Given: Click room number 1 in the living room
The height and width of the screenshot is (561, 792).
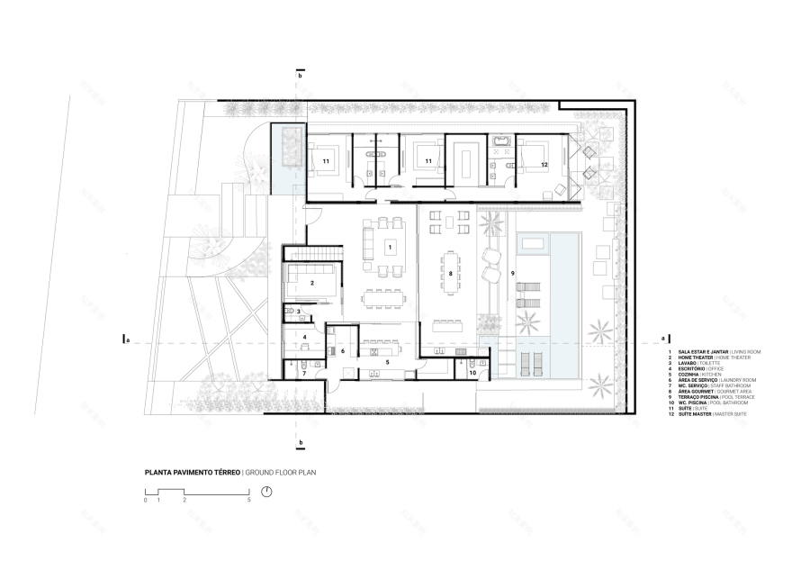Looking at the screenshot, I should (x=391, y=245).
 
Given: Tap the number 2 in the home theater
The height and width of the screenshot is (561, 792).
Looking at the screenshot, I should (x=311, y=283).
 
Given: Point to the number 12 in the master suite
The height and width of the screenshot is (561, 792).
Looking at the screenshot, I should (x=544, y=164).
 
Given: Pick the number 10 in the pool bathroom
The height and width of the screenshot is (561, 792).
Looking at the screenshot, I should (x=472, y=370).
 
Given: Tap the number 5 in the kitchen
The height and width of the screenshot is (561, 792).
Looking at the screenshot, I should (x=387, y=362).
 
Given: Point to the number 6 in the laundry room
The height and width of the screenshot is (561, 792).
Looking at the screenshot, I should (x=343, y=350).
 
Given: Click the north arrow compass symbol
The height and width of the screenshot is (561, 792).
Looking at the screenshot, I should (x=266, y=492).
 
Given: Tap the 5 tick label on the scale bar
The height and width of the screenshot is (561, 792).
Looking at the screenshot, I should (x=249, y=499).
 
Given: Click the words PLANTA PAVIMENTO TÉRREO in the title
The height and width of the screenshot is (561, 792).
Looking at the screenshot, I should (x=192, y=471).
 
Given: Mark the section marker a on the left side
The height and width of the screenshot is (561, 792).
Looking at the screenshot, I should (x=129, y=340).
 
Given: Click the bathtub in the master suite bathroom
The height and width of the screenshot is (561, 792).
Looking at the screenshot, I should (x=500, y=141).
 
